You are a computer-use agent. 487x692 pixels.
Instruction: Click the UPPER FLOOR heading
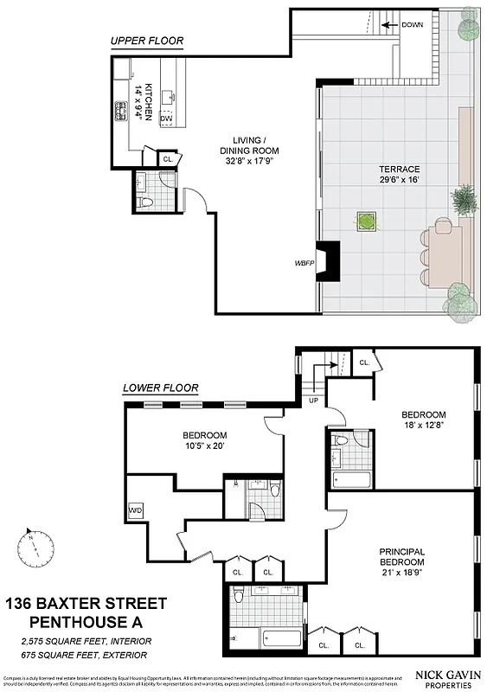(x=146, y=41)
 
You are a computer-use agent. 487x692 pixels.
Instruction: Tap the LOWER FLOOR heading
(x=161, y=388)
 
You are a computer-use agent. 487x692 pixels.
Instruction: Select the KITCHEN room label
(x=148, y=102)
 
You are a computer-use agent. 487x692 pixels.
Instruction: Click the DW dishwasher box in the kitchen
(x=177, y=118)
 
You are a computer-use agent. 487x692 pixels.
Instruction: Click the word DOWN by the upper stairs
(x=413, y=25)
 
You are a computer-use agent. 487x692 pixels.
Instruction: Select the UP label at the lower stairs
(x=313, y=401)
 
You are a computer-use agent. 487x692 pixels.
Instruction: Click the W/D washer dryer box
(x=136, y=509)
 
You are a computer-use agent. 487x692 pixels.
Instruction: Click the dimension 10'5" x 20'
(x=205, y=446)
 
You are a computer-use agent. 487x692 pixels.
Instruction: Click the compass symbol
(x=31, y=547)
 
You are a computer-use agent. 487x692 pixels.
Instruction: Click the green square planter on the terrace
(x=368, y=221)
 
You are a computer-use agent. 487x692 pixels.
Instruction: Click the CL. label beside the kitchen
(x=168, y=159)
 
